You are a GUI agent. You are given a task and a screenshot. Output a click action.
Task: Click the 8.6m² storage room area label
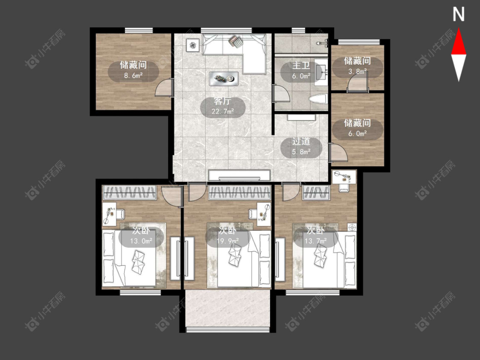134,75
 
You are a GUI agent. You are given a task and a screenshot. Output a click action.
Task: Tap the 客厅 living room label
223,101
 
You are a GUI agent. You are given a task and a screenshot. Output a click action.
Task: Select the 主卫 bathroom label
301,66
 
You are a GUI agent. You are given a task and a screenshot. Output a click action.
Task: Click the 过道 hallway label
301,142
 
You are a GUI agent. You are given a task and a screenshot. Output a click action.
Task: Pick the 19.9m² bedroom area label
227,241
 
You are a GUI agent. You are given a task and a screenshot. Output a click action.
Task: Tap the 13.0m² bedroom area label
141,241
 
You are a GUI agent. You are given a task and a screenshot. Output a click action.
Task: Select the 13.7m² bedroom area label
316,241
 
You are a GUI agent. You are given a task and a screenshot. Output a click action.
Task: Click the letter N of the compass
459,15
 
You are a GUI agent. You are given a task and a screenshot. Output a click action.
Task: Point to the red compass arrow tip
459,29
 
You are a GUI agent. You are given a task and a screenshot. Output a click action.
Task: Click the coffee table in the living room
224,78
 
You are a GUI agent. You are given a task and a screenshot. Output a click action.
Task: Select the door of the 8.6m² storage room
164,87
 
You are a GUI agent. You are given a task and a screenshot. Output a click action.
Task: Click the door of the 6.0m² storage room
339,152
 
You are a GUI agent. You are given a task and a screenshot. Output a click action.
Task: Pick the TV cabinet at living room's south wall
239,175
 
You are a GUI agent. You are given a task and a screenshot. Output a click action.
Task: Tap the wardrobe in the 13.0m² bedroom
130,192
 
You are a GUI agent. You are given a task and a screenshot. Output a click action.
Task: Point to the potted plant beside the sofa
192,46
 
